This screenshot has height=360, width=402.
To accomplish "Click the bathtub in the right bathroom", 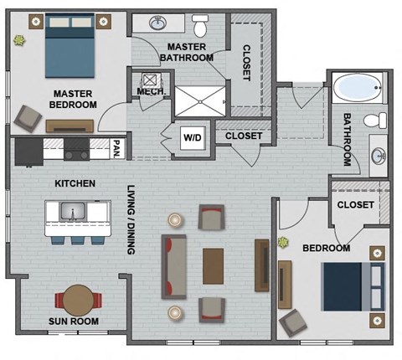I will [357, 88].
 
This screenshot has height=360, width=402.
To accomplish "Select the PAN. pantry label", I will [116, 150].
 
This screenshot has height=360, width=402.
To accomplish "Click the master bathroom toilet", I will [199, 23].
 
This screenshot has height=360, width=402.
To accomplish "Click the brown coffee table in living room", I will [214, 265].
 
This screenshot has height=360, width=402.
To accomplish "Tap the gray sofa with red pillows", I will [174, 266].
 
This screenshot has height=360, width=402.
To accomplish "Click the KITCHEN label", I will [75, 183].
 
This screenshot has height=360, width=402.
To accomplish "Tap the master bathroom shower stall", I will [199, 100].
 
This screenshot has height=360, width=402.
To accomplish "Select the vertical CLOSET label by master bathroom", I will [246, 62].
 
